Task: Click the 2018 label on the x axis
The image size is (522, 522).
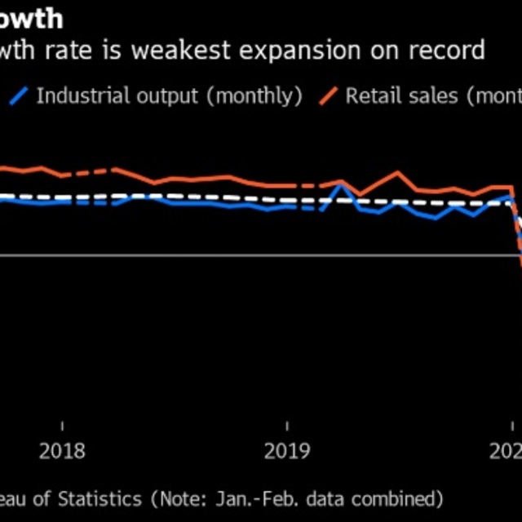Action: tap(62, 451)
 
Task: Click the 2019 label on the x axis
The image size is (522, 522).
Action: tap(287, 451)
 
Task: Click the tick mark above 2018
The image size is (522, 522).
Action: tap(62, 427)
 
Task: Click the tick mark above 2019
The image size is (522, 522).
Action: tap(287, 427)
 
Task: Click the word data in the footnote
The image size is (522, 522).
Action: tap(330, 498)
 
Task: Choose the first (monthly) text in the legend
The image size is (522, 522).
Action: tap(254, 95)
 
